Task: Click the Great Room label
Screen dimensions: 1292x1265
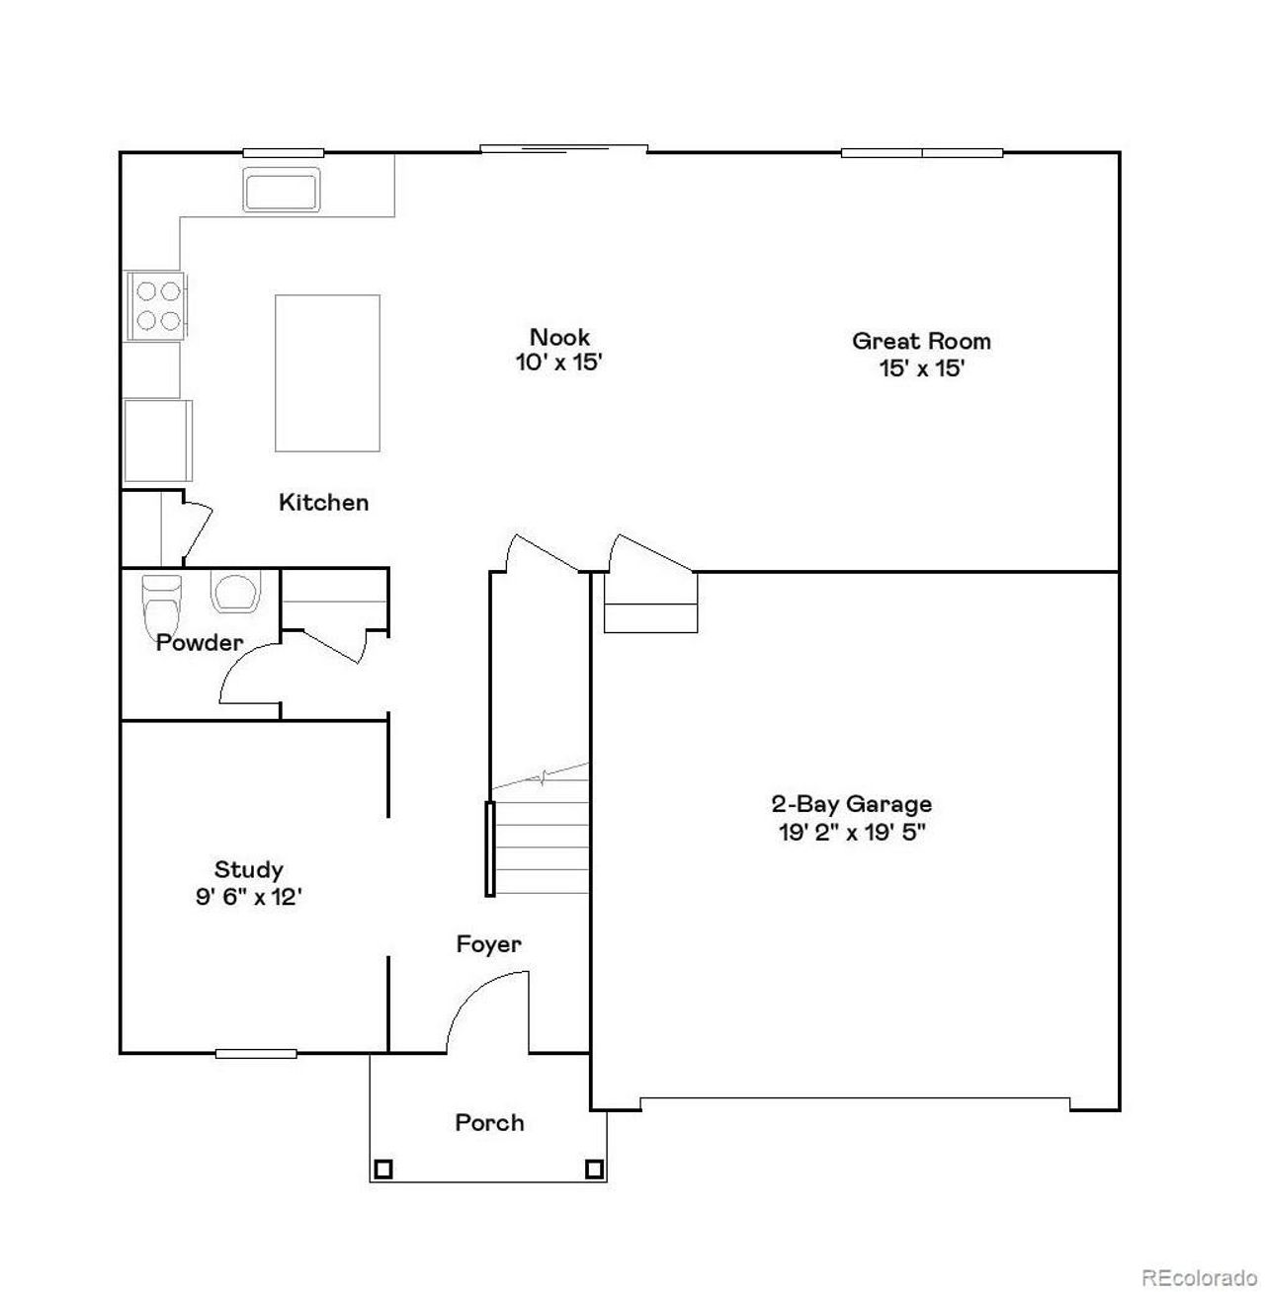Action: [x=921, y=342]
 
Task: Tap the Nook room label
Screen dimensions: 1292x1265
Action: [x=559, y=337]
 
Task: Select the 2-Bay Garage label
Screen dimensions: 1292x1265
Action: [x=851, y=804]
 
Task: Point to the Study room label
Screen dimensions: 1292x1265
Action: [x=249, y=870]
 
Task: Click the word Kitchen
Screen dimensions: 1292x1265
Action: [x=324, y=503]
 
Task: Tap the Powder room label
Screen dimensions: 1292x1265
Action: [x=200, y=643]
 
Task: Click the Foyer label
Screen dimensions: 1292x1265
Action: [x=488, y=944]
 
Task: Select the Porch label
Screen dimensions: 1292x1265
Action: [x=489, y=1123]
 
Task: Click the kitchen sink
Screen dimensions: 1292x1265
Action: [x=282, y=190]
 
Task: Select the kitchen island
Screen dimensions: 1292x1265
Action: [x=327, y=373]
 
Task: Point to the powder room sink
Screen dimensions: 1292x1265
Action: [x=234, y=592]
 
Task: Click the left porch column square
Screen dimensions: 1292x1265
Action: [x=382, y=1170]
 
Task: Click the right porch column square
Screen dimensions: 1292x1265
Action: [x=594, y=1170]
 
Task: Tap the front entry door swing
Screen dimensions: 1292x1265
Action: [x=489, y=1012]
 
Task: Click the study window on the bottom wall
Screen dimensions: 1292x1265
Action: [x=256, y=1053]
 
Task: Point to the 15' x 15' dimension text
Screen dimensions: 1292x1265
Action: [x=921, y=369]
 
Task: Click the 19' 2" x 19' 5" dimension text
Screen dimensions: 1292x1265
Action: [x=851, y=832]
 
